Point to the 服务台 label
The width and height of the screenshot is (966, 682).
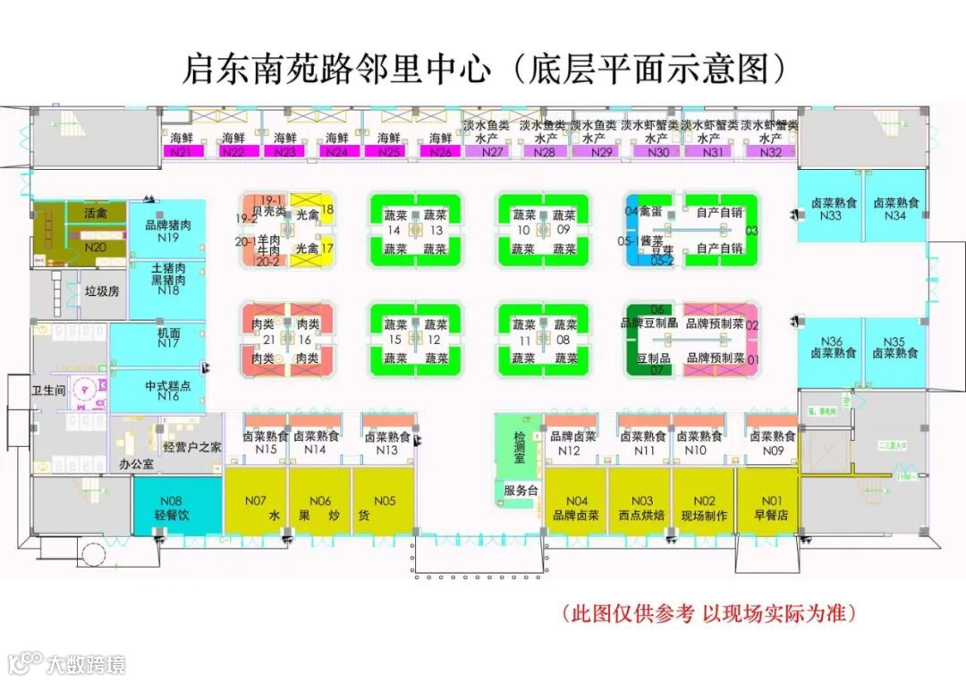pos(520,491)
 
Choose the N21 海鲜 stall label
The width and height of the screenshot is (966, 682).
pos(182,145)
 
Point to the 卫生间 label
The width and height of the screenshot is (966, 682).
pos(48,391)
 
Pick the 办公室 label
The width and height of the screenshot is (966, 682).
pos(136,465)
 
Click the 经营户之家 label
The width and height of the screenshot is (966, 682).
pos(192,446)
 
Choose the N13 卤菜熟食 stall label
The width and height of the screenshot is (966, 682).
pos(387,443)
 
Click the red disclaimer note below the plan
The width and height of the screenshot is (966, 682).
pos(708,613)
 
